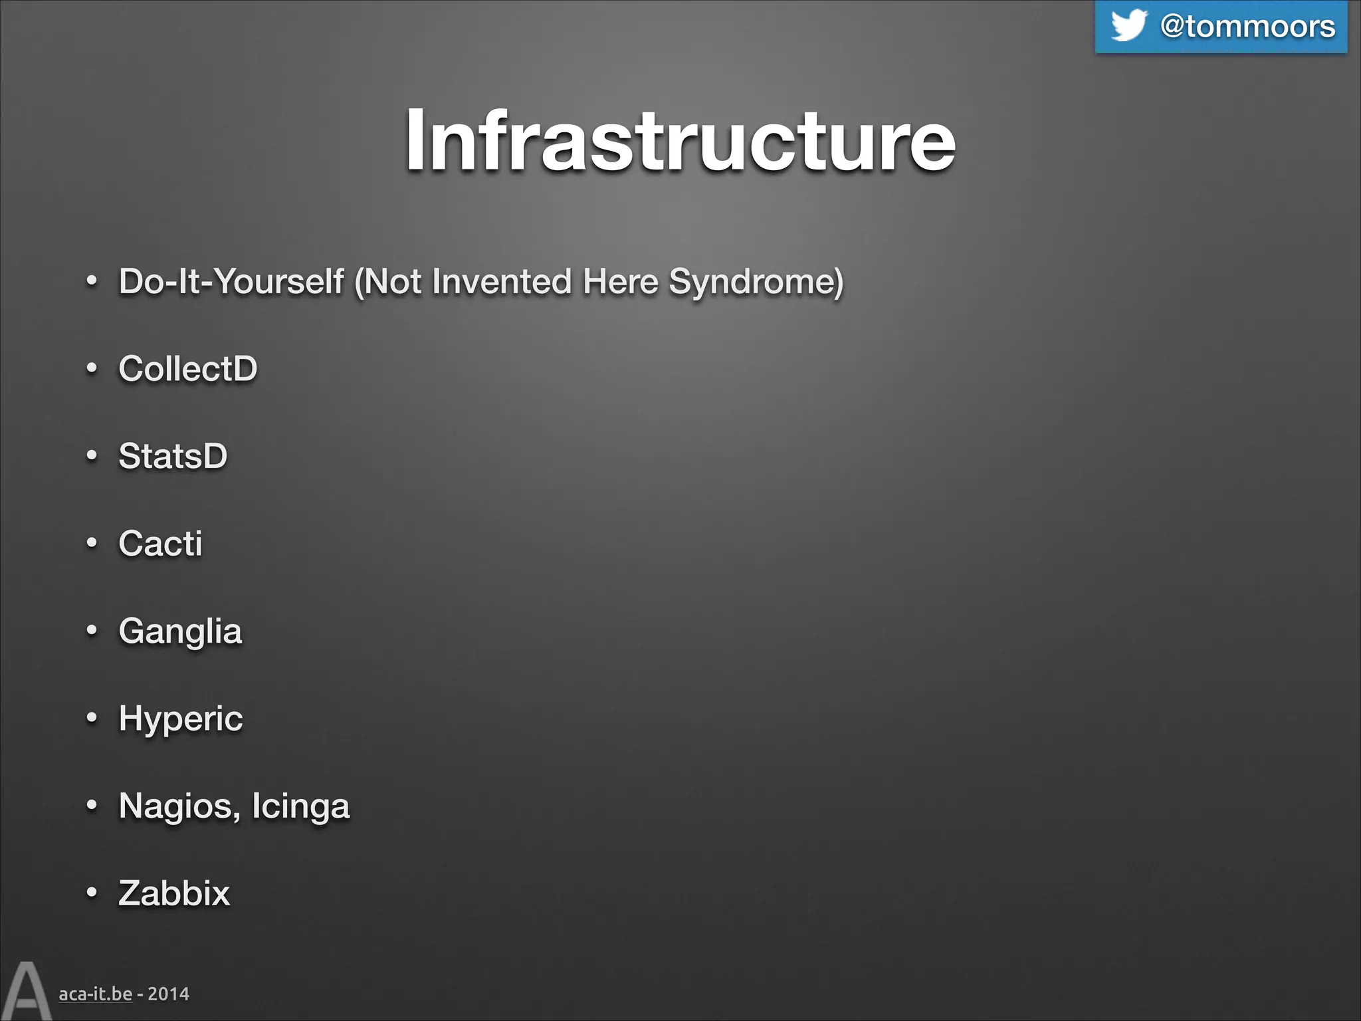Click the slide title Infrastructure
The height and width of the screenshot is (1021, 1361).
(x=680, y=141)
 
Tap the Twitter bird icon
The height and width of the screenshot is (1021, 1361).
(x=1128, y=25)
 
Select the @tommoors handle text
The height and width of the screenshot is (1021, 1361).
(x=1247, y=27)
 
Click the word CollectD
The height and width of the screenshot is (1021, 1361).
(x=188, y=368)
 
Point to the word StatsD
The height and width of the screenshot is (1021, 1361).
(x=173, y=456)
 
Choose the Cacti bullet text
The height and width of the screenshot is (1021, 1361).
(x=160, y=543)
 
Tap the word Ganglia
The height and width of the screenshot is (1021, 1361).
(x=180, y=631)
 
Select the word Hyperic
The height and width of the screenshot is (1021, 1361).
(x=181, y=719)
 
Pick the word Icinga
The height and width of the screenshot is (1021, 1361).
(x=300, y=806)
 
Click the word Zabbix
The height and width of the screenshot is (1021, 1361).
(x=174, y=893)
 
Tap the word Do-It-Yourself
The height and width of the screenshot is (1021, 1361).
(x=231, y=281)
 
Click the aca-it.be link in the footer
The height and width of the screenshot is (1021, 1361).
(x=95, y=994)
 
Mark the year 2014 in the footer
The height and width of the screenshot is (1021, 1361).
(x=168, y=994)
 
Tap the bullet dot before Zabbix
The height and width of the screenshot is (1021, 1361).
(x=92, y=893)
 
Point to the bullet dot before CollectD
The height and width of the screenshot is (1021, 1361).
(x=92, y=368)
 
